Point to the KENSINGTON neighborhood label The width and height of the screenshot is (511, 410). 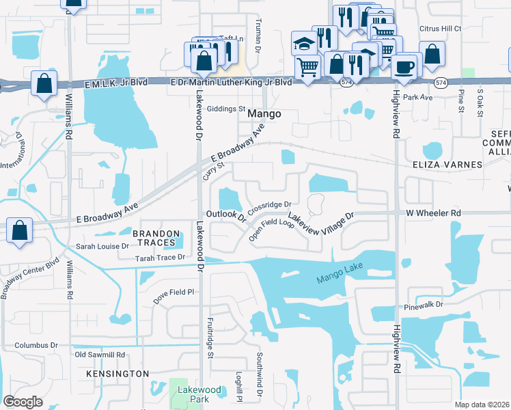(118, 374)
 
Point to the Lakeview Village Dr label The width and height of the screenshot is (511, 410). (321, 223)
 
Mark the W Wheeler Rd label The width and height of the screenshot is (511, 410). (433, 213)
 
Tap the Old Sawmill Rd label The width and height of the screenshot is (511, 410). (100, 355)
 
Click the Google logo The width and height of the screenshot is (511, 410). (23, 402)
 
